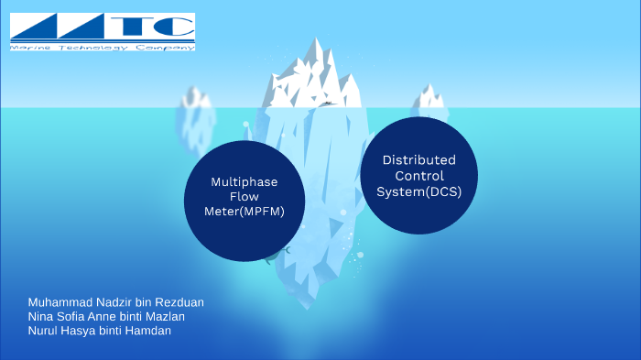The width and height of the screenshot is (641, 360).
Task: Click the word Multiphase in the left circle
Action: (244, 181)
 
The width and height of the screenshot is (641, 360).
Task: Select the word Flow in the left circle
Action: (244, 196)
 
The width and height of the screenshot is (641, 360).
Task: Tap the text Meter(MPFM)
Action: (244, 212)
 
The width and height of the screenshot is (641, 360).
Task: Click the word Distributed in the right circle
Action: (419, 159)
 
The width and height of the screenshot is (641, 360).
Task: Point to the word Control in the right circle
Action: (419, 175)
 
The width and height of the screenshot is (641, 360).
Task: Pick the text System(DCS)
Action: (419, 191)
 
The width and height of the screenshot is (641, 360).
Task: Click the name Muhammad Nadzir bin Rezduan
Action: (115, 302)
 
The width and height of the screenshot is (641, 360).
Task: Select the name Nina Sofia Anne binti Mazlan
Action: (106, 316)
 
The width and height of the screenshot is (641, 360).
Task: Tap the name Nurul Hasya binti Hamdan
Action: (100, 331)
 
